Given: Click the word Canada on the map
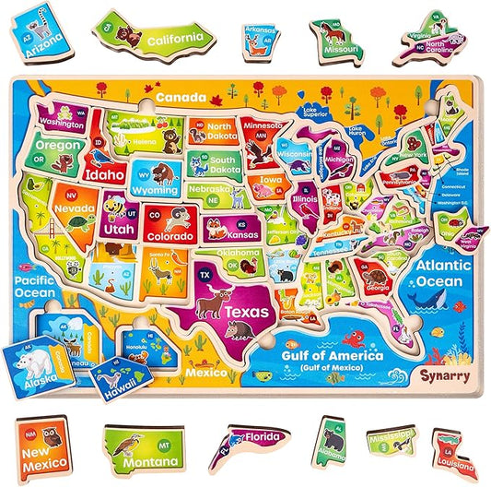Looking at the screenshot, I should [180, 96].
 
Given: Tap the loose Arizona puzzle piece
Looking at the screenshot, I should [39, 36].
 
